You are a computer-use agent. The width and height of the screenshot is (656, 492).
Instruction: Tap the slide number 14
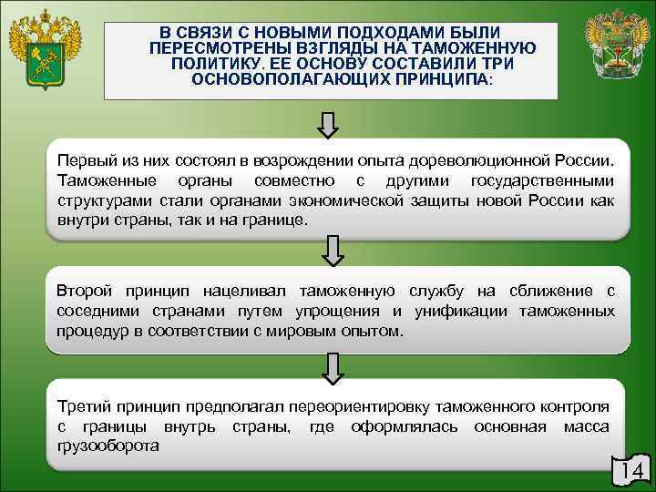point(630,471)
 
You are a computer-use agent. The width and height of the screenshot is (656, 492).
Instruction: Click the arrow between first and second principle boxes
point(331,250)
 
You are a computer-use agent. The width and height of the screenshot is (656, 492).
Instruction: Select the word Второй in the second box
point(84,291)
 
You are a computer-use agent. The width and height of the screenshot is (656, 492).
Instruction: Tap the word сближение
point(548,291)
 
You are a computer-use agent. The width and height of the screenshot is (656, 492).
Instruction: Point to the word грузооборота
point(108,446)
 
